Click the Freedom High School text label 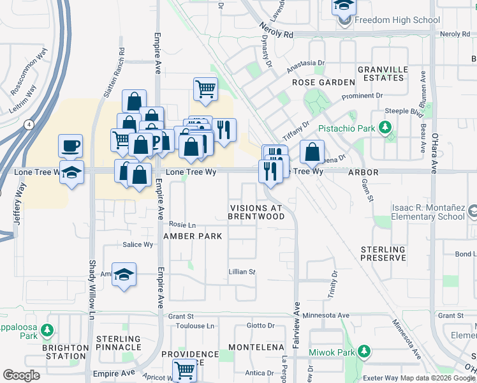[x=397, y=20]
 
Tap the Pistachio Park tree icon [x=385, y=128]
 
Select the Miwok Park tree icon [x=363, y=352]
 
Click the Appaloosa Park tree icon [x=46, y=330]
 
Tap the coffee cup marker [x=71, y=146]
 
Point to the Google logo [x=21, y=375]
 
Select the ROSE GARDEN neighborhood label [x=323, y=82]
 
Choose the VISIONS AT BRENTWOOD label [x=257, y=213]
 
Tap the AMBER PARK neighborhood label [x=193, y=236]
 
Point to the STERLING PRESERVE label [x=383, y=253]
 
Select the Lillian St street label [x=242, y=272]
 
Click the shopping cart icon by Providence [x=185, y=369]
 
